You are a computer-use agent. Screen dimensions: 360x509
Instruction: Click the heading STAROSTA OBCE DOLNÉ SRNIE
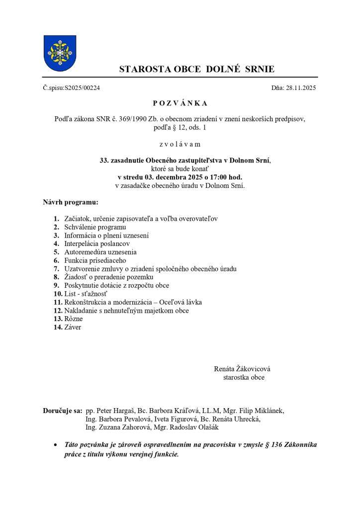tap(196, 70)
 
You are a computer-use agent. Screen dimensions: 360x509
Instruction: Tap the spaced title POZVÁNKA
tap(180, 103)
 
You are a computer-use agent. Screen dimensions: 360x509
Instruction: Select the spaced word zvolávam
tap(180, 144)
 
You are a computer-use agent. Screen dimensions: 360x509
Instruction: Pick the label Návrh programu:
tap(70, 202)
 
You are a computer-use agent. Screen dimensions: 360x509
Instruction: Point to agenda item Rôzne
tap(73, 319)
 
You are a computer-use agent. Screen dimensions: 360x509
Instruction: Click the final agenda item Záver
tap(73, 327)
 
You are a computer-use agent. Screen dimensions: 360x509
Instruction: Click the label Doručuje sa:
tap(63, 411)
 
